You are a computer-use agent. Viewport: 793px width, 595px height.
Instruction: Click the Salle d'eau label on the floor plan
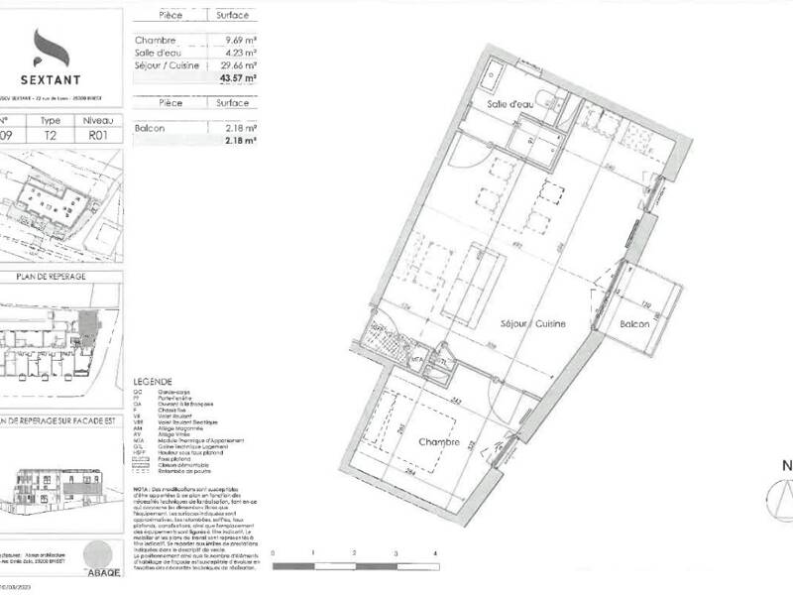(x=511, y=105)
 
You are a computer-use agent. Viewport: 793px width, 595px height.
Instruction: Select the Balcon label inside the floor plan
(x=635, y=324)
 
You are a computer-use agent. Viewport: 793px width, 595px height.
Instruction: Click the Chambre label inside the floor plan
(x=438, y=443)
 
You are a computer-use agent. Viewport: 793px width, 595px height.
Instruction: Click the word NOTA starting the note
(x=143, y=489)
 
